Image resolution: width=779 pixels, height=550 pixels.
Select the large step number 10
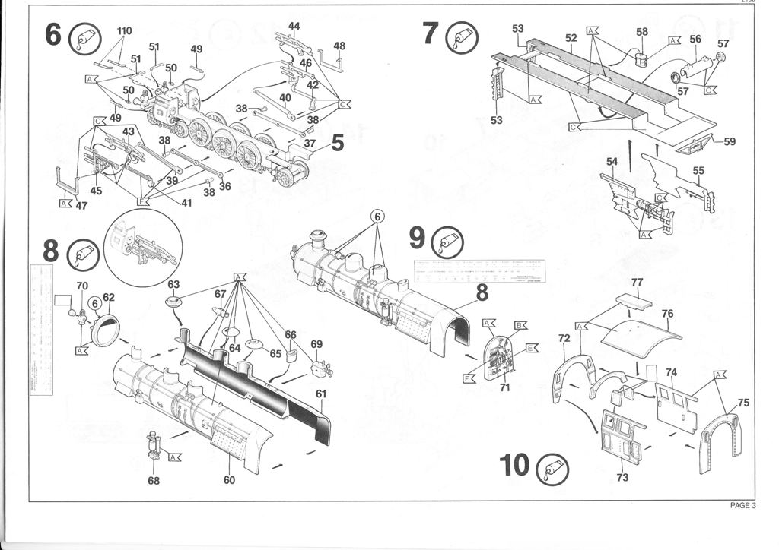tap(515, 464)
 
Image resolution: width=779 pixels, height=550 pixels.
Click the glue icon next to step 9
tap(448, 242)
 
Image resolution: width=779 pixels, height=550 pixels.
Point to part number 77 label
tap(638, 283)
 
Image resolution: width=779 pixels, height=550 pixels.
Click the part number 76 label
tap(667, 313)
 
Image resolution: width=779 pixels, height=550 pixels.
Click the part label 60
tap(229, 479)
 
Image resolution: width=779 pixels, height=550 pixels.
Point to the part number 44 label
tap(294, 26)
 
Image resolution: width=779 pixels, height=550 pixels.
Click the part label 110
tap(124, 31)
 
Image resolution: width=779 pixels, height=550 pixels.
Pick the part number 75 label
tap(743, 403)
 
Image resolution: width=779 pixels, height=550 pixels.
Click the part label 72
tap(564, 337)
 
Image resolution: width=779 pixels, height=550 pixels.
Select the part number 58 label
tap(642, 32)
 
